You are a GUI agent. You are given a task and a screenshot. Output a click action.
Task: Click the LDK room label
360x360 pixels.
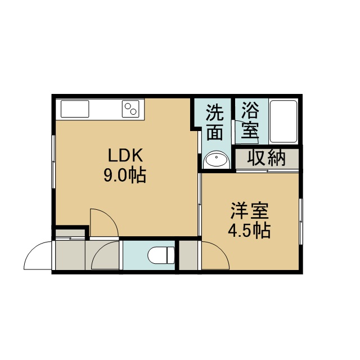click(x=125, y=155)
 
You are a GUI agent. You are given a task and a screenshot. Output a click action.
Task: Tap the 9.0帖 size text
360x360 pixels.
click(x=125, y=175)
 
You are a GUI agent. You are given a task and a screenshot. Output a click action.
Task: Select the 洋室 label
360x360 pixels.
click(x=250, y=211)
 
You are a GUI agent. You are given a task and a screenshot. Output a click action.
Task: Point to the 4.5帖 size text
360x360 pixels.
click(x=249, y=230)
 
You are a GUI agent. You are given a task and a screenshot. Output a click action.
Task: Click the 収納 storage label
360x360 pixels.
click(x=266, y=157)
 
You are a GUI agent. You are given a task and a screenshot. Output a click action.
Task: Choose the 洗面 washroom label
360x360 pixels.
click(x=215, y=122)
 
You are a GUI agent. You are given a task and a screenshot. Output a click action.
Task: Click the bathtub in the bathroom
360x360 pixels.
click(x=283, y=121)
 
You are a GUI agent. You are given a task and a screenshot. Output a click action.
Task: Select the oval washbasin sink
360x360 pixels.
click(x=216, y=159)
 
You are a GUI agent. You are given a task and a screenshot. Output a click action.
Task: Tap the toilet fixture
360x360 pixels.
click(x=161, y=255)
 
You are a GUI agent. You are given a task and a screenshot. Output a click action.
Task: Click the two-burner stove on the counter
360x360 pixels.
click(x=130, y=109)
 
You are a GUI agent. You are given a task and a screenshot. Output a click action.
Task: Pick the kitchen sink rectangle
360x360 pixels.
click(x=75, y=109)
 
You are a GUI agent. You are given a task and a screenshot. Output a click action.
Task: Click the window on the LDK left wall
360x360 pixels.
click(x=53, y=162)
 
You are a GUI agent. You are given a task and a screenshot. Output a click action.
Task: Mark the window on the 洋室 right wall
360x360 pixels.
click(x=301, y=221)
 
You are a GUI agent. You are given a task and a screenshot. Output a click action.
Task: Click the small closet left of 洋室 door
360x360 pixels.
click(x=188, y=255)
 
